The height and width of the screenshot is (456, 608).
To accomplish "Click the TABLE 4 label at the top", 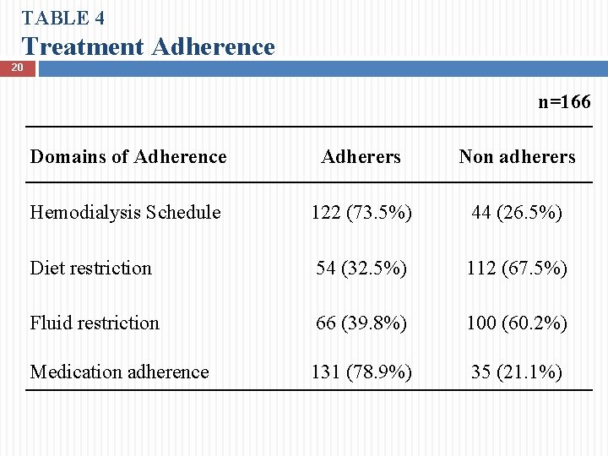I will pos(63,17).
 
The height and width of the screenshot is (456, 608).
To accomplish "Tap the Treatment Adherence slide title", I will pos(149,46).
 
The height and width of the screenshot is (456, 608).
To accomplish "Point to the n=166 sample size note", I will pos(564,102).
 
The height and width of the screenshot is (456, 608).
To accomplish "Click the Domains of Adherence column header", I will pos(128,156).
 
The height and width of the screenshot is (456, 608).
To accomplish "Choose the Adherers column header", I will pos(361,156).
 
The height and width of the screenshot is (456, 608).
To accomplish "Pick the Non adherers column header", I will pos(517,156).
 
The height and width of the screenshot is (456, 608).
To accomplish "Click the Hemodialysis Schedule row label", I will pos(125,212).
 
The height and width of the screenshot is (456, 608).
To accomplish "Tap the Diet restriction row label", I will pos(90,268).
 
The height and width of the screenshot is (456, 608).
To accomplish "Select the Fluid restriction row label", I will pos(95,323).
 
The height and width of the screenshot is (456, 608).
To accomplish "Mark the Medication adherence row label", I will pos(119,372).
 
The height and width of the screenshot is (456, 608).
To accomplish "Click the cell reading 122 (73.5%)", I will pos(361,212).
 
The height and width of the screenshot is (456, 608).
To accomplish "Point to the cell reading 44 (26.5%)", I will pos(517,212).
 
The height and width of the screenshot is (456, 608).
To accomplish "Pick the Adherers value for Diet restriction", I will pos(361,268).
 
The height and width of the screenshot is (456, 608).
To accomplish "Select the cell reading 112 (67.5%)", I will pos(517,268).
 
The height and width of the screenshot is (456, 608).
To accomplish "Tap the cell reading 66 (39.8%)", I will pos(361,323).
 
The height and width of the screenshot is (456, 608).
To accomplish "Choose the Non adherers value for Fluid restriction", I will pos(517,323).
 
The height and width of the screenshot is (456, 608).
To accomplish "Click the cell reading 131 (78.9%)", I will pos(361,372).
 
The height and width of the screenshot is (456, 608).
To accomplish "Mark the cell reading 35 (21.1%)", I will pos(517,372).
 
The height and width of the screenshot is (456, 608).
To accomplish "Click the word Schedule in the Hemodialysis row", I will pos(183,212).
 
